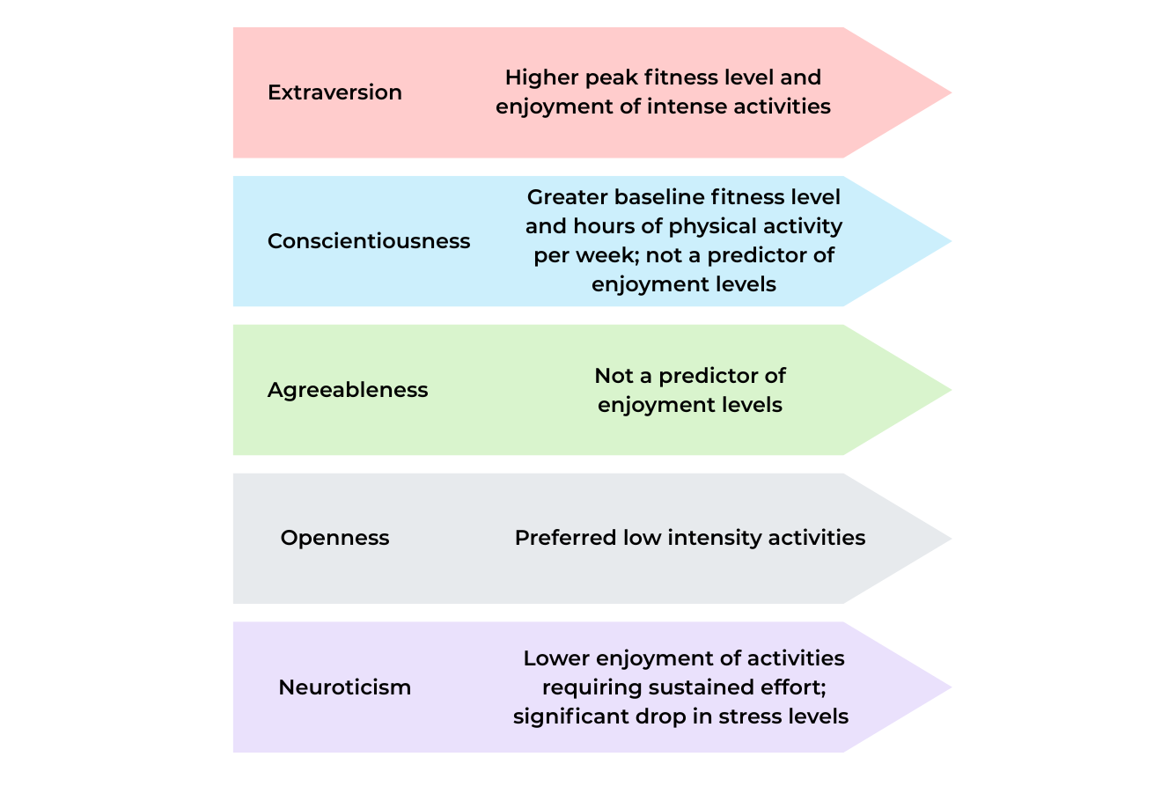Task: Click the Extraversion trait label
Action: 334,92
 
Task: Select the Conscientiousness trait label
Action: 369,241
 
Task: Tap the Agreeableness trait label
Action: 348,390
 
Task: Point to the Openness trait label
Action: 334,538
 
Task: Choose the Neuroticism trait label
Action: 344,687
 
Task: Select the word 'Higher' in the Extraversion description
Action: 536,77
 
